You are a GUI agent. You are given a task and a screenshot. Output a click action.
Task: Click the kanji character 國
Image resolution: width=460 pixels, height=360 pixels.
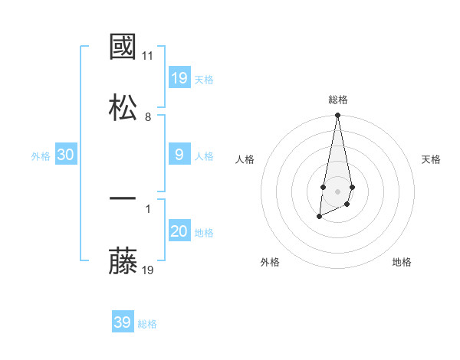(123, 47)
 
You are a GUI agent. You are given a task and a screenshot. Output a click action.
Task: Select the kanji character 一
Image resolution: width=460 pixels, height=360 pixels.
(123, 200)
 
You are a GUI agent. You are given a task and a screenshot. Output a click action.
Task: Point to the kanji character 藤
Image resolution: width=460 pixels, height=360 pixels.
(123, 261)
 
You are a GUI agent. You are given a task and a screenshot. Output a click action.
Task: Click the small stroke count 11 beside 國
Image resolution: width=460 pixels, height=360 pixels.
(148, 56)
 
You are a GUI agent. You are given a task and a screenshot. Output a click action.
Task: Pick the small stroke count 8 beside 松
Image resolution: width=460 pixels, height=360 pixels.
(148, 117)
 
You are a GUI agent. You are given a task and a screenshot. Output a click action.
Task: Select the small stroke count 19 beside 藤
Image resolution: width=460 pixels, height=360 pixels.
(148, 270)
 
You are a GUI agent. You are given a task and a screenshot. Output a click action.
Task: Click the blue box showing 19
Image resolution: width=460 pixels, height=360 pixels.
(179, 78)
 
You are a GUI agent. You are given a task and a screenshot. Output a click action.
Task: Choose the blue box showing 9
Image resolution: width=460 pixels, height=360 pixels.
(179, 155)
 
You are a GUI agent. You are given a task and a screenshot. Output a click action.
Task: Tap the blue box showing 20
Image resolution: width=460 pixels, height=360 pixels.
(179, 231)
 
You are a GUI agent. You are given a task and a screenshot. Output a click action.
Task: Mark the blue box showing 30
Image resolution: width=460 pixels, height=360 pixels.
(66, 155)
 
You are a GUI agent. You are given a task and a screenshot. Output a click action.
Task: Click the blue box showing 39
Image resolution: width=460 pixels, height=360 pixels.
(123, 322)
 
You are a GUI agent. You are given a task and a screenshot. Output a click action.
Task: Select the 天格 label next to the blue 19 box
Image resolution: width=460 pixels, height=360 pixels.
(204, 80)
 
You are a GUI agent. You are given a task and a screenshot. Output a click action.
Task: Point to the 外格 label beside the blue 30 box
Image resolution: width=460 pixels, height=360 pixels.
(41, 156)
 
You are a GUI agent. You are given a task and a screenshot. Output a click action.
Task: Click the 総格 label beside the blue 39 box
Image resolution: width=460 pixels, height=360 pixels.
(147, 324)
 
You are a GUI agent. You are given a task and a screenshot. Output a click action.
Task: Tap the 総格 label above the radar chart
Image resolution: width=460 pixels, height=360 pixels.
(337, 100)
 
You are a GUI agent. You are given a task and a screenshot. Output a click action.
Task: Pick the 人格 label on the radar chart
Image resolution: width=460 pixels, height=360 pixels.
(245, 159)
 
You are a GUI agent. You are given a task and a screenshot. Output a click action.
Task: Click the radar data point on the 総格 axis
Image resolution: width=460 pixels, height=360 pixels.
(337, 116)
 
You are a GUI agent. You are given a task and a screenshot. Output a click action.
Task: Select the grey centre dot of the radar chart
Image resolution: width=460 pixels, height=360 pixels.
(337, 190)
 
